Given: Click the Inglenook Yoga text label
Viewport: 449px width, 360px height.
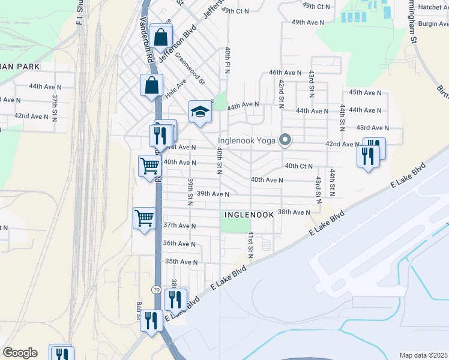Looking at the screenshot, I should [251, 141].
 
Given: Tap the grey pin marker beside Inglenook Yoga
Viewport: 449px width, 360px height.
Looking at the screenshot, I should [286, 140].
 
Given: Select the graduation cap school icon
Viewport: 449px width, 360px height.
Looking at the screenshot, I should [200, 112].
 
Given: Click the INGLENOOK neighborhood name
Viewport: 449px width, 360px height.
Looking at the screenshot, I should [249, 214].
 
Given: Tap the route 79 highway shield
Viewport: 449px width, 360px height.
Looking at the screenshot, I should [155, 290].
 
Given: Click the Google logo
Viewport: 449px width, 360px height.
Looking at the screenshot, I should [20, 353].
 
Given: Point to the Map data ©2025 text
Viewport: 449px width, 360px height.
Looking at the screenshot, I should [423, 355].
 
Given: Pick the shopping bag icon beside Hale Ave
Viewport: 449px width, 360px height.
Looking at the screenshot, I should [151, 85].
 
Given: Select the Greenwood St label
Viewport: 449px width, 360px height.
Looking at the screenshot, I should [190, 70].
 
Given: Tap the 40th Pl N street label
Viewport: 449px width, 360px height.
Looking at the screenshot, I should [228, 61].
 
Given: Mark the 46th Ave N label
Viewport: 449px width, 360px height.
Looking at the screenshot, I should [284, 72].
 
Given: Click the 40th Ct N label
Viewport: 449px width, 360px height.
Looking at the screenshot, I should [300, 166].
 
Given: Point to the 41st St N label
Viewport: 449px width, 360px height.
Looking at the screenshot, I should [251, 245].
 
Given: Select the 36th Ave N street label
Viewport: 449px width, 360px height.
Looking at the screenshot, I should [179, 244].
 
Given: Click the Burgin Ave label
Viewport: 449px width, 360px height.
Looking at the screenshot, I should [434, 24].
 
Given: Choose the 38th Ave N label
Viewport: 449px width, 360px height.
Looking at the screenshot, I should [294, 212].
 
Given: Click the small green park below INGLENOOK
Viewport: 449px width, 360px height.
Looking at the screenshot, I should [234, 224].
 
